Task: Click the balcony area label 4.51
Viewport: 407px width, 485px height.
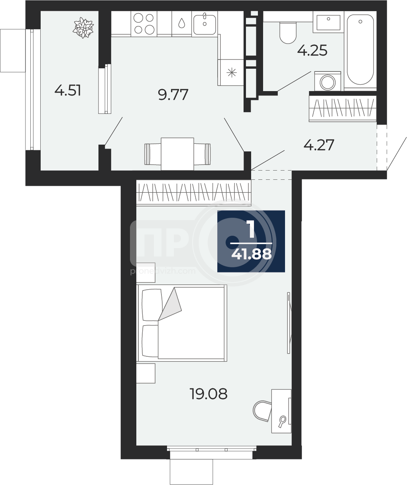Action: pos(68,90)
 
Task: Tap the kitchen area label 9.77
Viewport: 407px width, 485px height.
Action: pos(173,95)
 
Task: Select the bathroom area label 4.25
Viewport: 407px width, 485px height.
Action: pos(312,50)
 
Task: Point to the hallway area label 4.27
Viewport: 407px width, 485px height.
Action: pos(319,145)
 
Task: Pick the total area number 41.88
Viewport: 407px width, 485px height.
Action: pos(252,254)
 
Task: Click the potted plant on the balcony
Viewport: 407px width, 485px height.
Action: pos(83,28)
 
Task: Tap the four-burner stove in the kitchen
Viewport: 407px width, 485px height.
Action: pos(144,24)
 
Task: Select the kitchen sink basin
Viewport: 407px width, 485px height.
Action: pos(205,24)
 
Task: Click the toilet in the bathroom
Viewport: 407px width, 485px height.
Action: pos(288,33)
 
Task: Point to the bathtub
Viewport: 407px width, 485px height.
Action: pos(360,50)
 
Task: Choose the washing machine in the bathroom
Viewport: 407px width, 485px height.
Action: pos(328,81)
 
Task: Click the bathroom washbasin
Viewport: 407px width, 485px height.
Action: pos(328,22)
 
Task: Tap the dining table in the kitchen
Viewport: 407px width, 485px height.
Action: pos(177,154)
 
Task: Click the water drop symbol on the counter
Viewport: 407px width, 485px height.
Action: pos(182,23)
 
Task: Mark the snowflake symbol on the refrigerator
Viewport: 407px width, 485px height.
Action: pos(232,73)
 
